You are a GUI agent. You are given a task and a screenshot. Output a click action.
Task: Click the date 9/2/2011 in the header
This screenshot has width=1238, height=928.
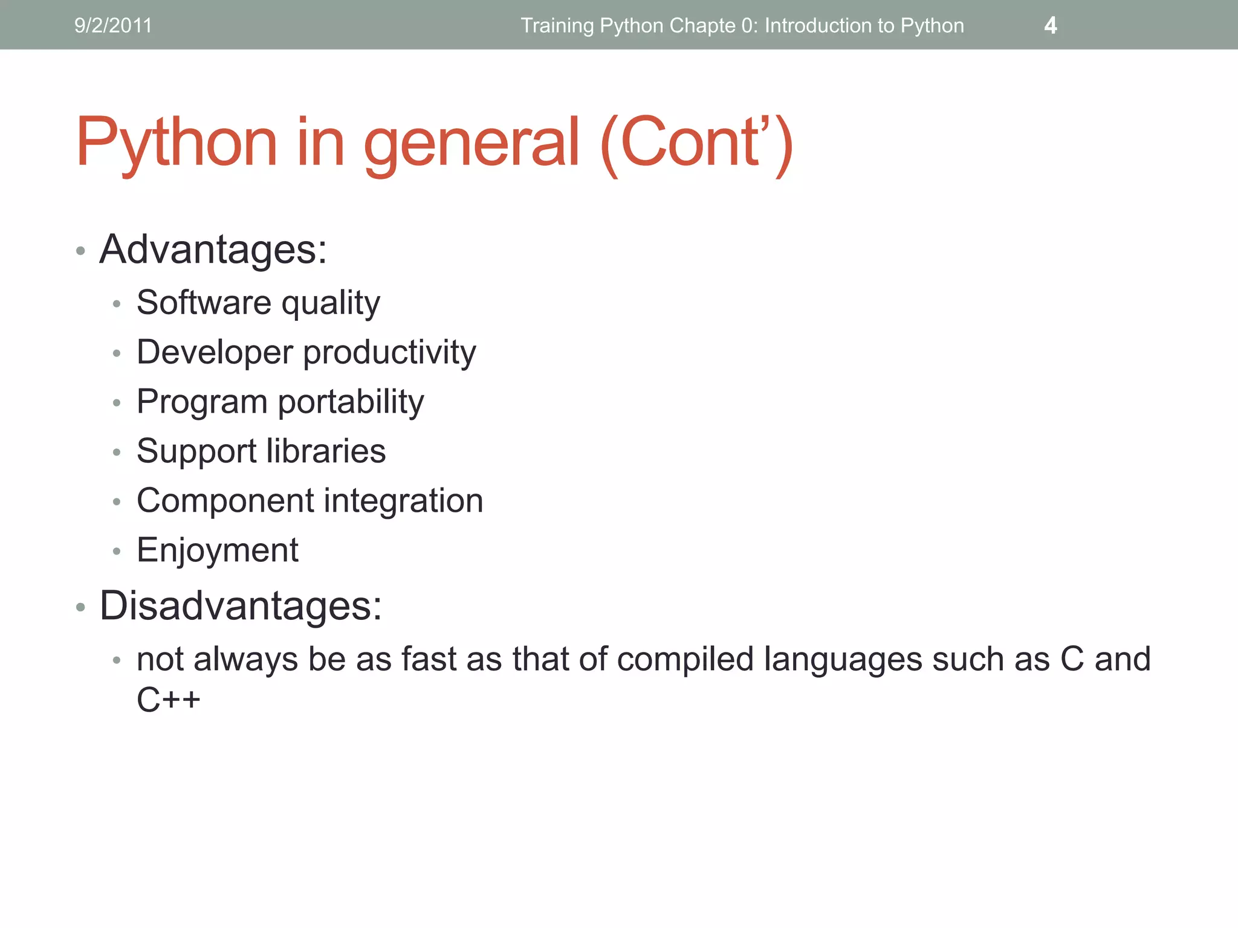(113, 25)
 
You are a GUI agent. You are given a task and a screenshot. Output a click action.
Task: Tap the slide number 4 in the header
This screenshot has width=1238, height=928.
(1051, 25)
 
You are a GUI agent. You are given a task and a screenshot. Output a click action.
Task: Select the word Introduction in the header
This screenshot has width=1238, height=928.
(818, 25)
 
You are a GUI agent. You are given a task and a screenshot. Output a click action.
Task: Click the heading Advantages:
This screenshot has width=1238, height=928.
(213, 249)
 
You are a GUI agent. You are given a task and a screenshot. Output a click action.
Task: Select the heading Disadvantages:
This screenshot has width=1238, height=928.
(241, 605)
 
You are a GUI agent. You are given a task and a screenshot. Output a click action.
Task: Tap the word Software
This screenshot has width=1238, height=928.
(204, 302)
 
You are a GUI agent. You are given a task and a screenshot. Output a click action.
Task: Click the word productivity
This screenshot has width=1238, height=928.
(389, 353)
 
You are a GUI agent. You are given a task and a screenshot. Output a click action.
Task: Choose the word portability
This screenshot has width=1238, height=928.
(351, 402)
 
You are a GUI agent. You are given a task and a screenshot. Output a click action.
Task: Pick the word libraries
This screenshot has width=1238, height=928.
(326, 451)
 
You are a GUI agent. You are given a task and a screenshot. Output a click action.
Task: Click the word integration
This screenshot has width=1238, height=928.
(404, 501)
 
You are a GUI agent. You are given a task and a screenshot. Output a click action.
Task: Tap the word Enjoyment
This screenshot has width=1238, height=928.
(218, 550)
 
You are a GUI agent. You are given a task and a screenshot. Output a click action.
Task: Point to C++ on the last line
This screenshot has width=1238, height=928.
(168, 700)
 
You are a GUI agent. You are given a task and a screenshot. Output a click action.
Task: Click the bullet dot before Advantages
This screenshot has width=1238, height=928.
(80, 251)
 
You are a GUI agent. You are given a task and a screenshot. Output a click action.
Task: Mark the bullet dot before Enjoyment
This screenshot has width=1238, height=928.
(117, 551)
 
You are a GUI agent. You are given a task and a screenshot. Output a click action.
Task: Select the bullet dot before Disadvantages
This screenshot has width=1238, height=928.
(80, 607)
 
